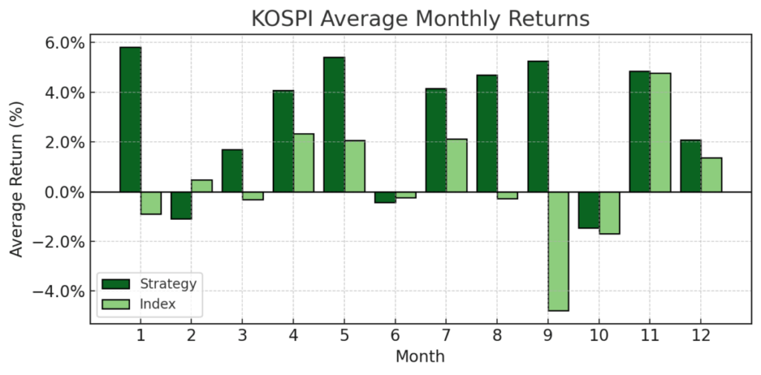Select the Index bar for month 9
pyautogui.click(x=558, y=251)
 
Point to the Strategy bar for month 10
pyautogui.click(x=589, y=210)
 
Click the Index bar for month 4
pyautogui.click(x=303, y=163)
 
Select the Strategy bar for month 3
pyautogui.click(x=232, y=171)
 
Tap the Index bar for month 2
pyautogui.click(x=201, y=186)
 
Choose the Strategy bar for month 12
pyautogui.click(x=690, y=166)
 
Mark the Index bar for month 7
pyautogui.click(x=456, y=166)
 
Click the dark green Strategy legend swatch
pyautogui.click(x=116, y=284)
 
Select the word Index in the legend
pyautogui.click(x=157, y=304)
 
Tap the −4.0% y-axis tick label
pyautogui.click(x=59, y=291)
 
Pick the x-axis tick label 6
pyautogui.click(x=395, y=336)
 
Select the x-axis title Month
pyautogui.click(x=420, y=356)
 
